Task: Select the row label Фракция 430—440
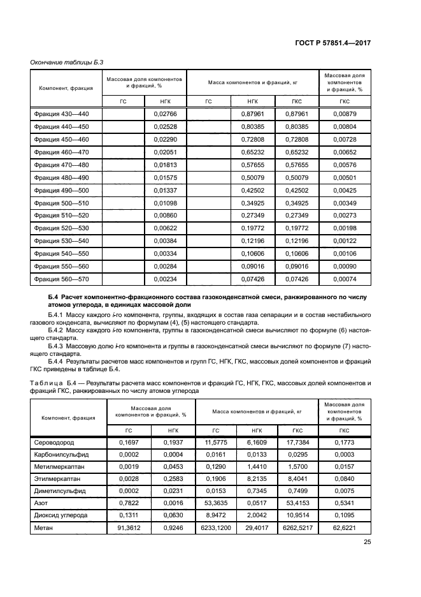click(x=62, y=114)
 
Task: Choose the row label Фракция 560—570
click(x=62, y=279)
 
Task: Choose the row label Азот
click(x=40, y=503)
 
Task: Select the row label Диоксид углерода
click(x=61, y=515)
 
